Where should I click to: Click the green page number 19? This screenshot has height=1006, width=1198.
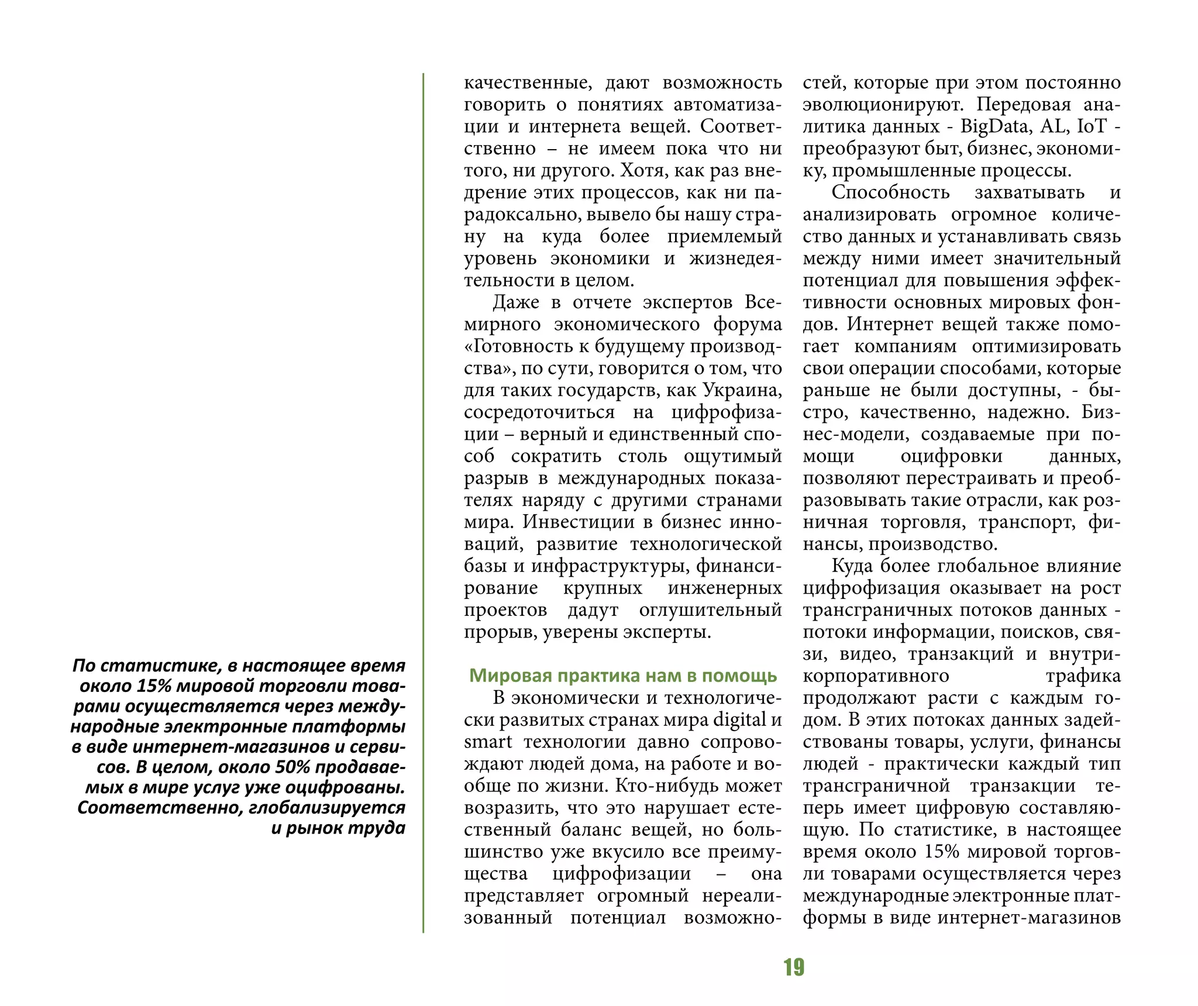pos(794,967)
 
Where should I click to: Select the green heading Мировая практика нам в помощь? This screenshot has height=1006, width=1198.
pos(623,676)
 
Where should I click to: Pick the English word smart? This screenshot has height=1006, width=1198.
pos(488,742)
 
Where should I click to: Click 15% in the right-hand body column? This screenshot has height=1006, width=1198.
pos(941,852)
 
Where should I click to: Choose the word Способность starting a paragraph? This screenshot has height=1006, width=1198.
pos(890,192)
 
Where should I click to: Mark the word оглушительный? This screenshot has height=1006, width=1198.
pos(710,610)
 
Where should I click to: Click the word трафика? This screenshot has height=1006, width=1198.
pos(1083,676)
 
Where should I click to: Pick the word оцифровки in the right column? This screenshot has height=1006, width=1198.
pos(951,456)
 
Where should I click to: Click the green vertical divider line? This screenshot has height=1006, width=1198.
pos(424,503)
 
